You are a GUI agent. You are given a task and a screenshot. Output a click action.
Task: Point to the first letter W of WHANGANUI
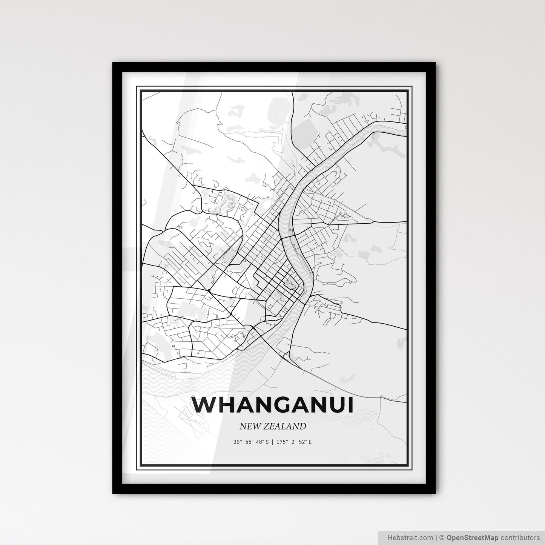204,405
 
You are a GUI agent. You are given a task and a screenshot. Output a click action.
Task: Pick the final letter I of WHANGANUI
350,405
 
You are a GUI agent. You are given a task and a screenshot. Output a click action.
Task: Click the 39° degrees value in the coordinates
237,442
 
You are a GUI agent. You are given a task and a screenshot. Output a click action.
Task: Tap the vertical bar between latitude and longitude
272,442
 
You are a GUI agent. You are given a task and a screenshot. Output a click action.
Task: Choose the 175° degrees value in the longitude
280,442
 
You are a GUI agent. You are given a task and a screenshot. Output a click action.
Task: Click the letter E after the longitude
310,442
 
